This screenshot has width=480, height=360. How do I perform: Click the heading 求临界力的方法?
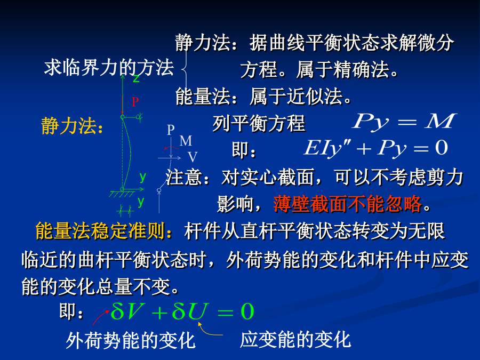tap(109, 67)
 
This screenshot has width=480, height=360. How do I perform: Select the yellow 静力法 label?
tap(72, 125)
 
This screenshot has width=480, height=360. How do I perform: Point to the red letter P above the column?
tap(135, 102)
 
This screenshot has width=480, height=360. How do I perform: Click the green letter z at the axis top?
tap(136, 79)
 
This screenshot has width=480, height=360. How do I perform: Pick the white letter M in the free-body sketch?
tap(186, 141)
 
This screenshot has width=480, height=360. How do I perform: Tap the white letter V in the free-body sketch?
tap(193, 157)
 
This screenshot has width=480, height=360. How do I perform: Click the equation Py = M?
tap(404, 122)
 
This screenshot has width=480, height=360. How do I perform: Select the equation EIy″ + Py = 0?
tap(376, 148)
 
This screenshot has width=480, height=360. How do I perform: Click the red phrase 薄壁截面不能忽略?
tap(347, 204)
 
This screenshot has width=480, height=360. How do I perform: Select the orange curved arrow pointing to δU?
tap(208, 331)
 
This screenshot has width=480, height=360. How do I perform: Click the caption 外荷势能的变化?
tap(131, 340)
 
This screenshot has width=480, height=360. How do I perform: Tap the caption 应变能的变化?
tap(295, 340)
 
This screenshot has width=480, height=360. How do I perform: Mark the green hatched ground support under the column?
tap(122, 194)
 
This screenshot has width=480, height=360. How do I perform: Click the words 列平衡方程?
tap(259, 123)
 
